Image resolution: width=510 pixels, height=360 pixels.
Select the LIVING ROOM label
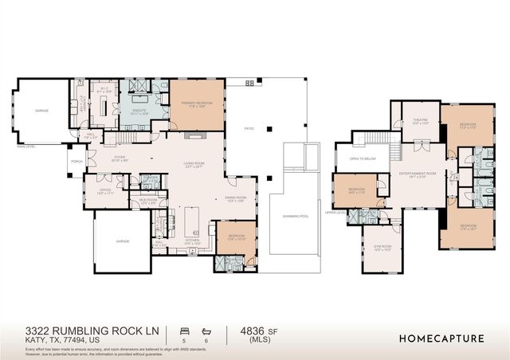(x=195, y=165)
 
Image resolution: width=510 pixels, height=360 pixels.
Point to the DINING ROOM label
(x=235, y=200)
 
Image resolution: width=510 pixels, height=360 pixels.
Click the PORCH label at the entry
(x=77, y=161)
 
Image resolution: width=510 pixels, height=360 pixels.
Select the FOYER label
(x=120, y=158)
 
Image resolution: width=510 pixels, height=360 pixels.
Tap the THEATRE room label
(x=420, y=122)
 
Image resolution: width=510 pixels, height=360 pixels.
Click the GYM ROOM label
(x=382, y=248)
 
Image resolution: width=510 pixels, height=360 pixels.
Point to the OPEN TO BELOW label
(x=363, y=158)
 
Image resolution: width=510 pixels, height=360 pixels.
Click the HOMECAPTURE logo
(x=441, y=338)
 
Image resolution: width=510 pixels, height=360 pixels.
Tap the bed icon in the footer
(x=185, y=329)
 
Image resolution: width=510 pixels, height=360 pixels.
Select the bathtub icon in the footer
(x=206, y=329)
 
